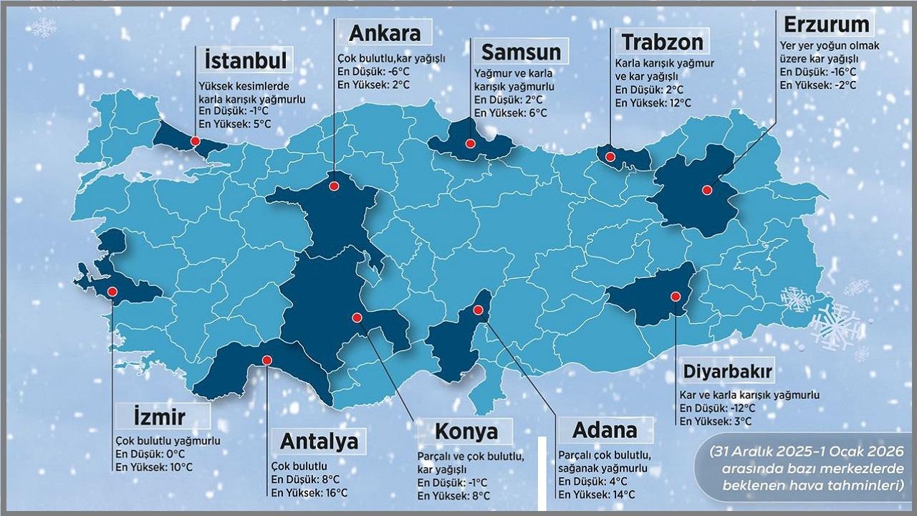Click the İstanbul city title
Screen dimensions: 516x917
coord(245,59)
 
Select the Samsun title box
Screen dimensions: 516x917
coord(520,52)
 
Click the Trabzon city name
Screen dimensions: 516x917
coord(662,42)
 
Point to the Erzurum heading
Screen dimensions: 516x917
coord(826,24)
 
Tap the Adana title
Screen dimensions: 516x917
coord(605,430)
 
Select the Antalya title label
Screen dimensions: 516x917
coord(319,440)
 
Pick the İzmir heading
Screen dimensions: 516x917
coord(160,416)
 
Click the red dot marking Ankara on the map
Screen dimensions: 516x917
coord(334,186)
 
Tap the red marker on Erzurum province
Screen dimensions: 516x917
coord(706,191)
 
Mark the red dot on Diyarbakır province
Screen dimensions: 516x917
coord(675,297)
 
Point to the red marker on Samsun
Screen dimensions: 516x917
coord(470,143)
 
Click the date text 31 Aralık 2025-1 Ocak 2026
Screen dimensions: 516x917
coord(805,454)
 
